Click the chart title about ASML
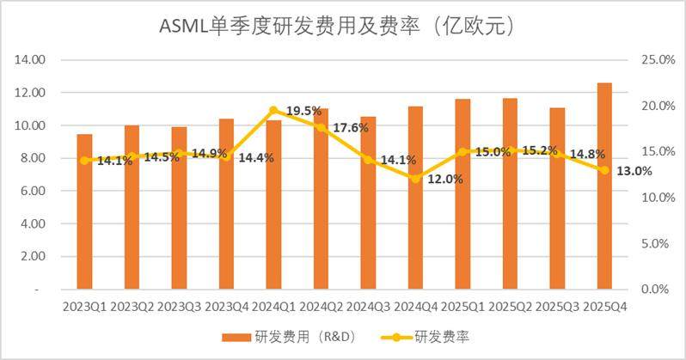point(336,27)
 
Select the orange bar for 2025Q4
point(604,186)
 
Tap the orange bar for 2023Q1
point(84,211)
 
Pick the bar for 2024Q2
point(321,199)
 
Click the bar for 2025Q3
point(557,198)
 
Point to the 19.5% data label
point(304,111)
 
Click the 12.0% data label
point(445,179)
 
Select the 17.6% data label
point(351,128)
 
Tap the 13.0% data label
point(634,171)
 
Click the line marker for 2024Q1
point(273,110)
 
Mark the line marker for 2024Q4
point(415,179)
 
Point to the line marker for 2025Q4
point(604,170)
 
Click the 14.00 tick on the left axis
point(30,59)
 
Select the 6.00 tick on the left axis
point(33,191)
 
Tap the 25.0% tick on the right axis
point(658,59)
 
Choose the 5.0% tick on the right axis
point(655,243)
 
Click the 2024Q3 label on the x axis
point(368,307)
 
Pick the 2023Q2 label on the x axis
point(132,307)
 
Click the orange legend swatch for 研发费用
point(236,338)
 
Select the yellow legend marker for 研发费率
point(396,338)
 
